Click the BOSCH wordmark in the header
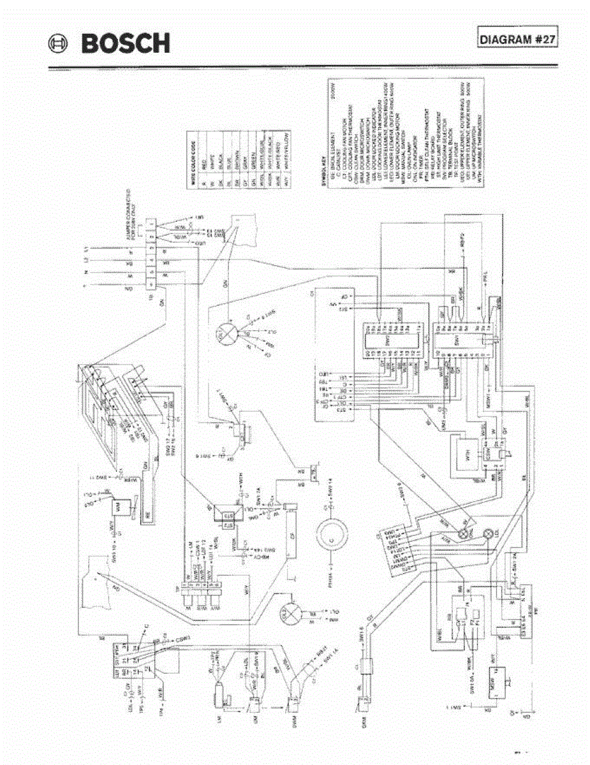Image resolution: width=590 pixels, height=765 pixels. pyautogui.click(x=125, y=43)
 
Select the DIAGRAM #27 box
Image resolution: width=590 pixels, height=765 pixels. pyautogui.click(x=517, y=39)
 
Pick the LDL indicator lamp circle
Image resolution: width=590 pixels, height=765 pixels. pyautogui.click(x=490, y=532)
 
